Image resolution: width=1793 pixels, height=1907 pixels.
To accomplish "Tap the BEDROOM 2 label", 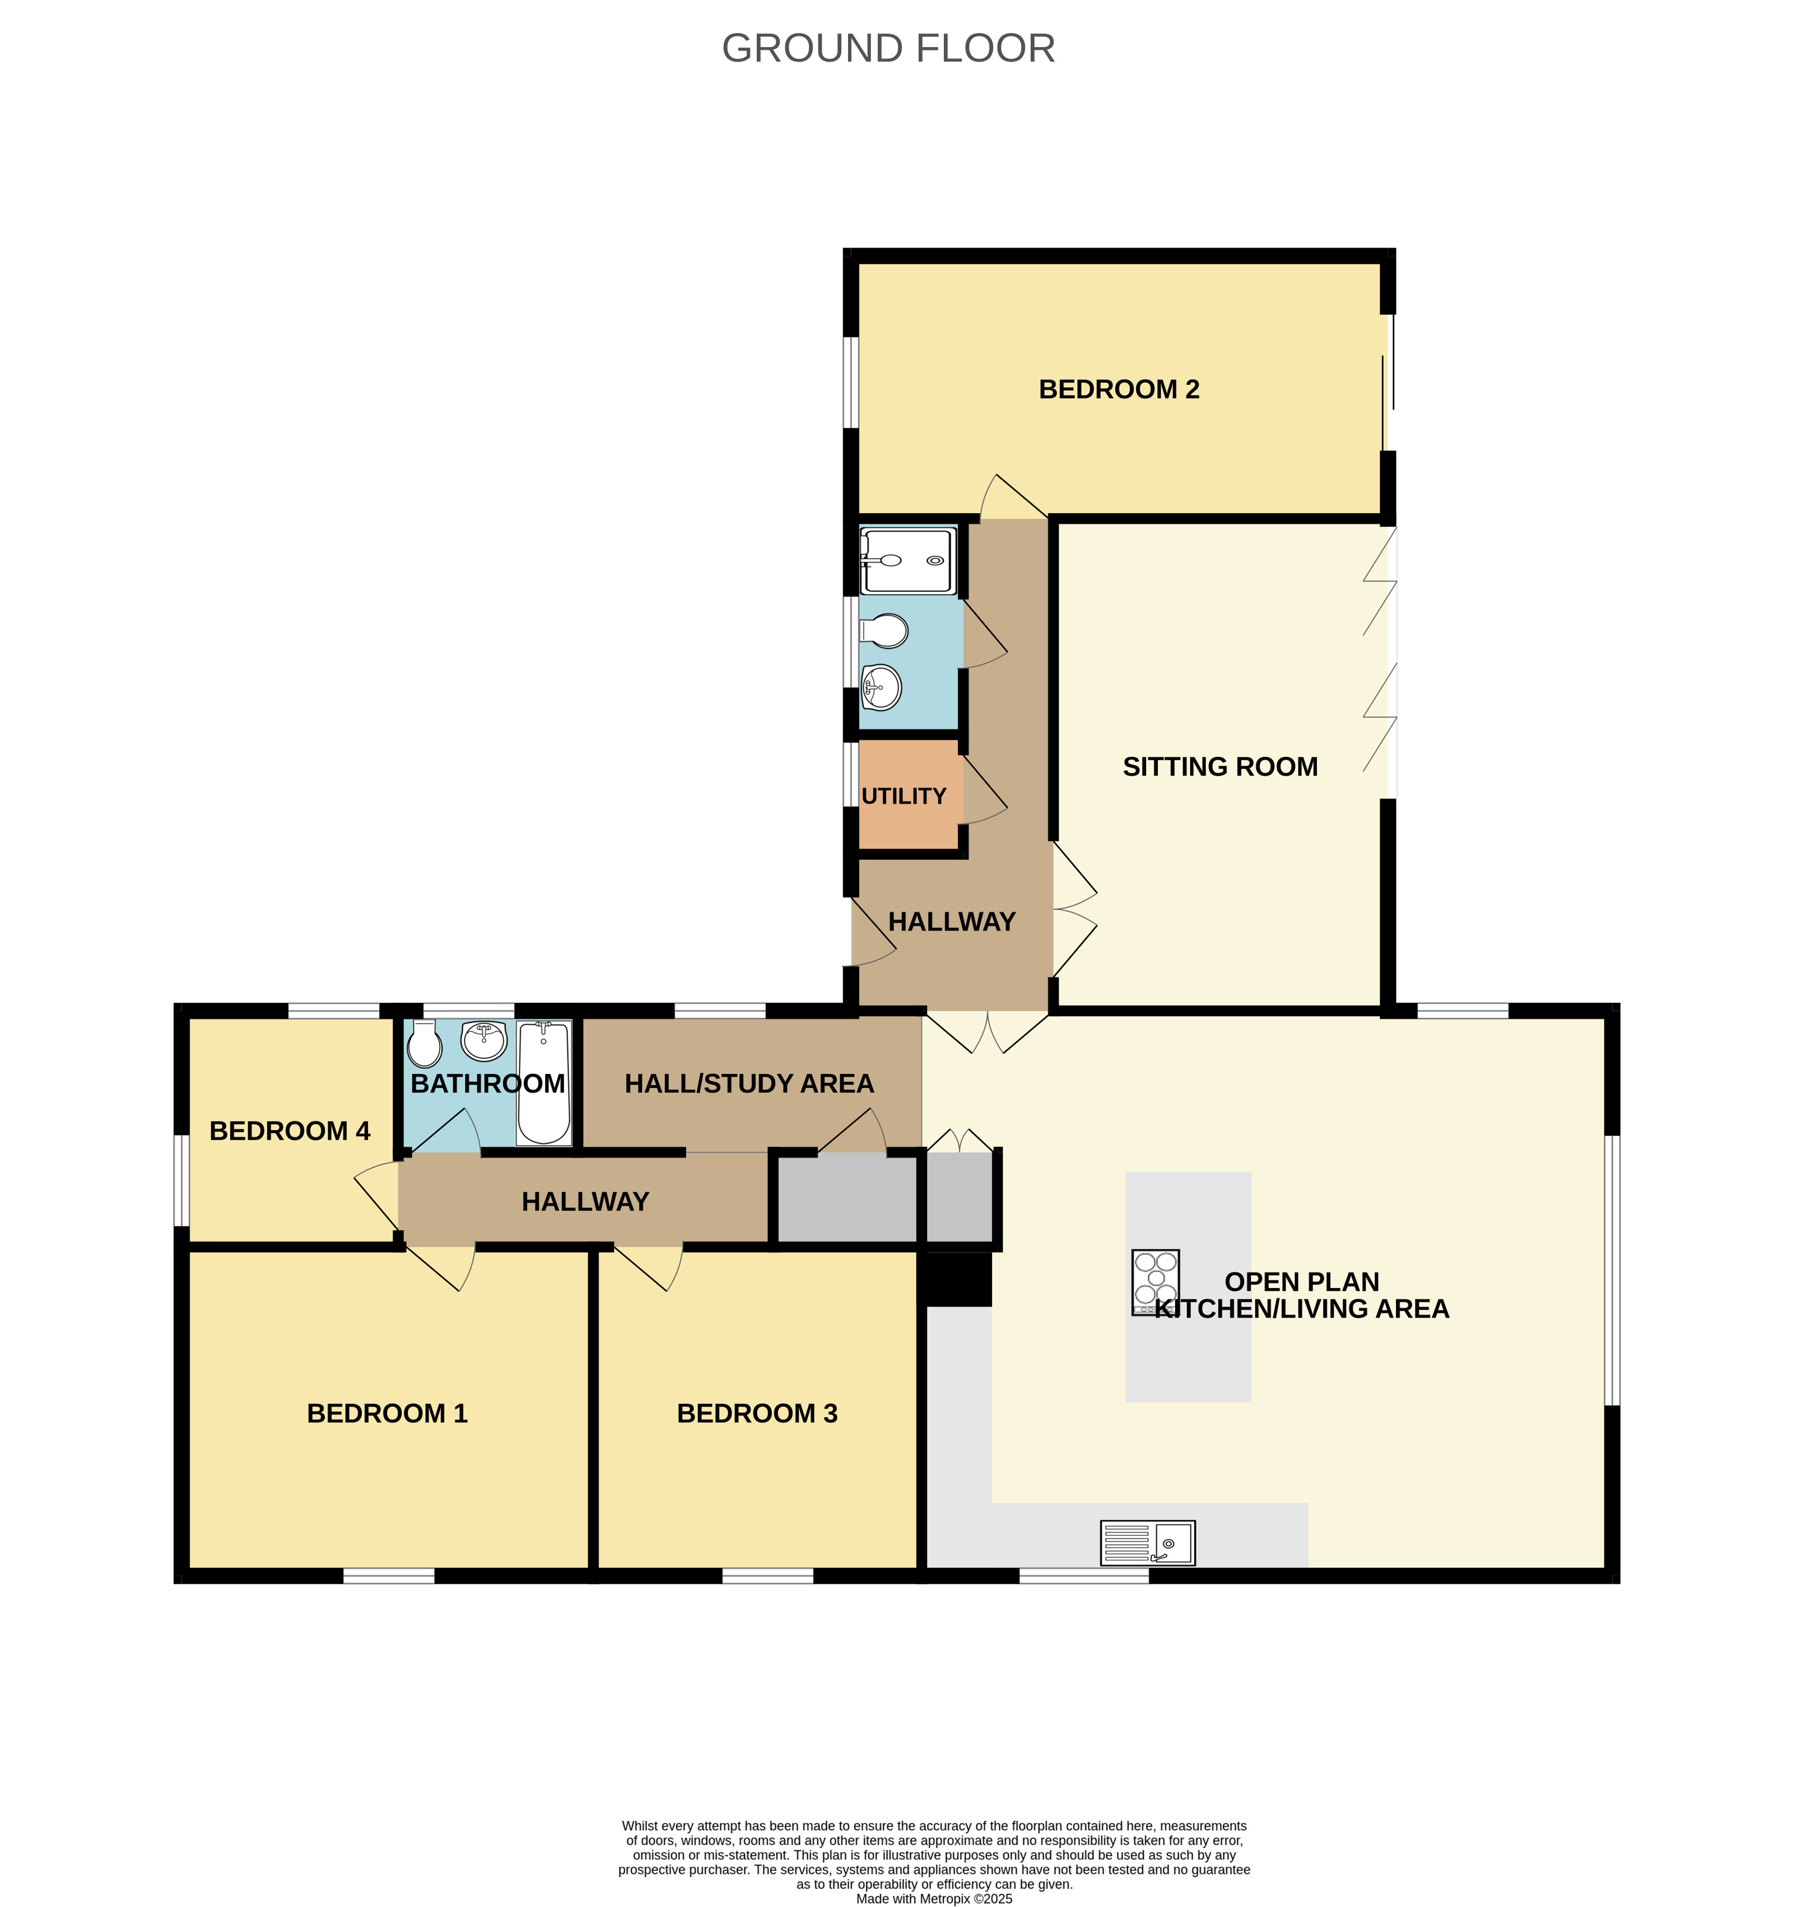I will tap(1119, 389).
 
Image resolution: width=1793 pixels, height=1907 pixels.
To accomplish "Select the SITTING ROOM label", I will tap(1219, 766).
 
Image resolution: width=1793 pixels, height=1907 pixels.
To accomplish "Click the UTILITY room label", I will tap(903, 796).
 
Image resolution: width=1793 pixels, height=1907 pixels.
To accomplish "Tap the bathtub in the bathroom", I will tap(544, 1082).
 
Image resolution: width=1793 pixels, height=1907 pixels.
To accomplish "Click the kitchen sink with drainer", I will tap(1147, 1542).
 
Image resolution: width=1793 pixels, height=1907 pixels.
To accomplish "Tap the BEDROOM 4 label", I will tap(289, 1131).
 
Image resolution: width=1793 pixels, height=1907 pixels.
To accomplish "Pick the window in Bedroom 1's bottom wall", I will tap(389, 1575).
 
